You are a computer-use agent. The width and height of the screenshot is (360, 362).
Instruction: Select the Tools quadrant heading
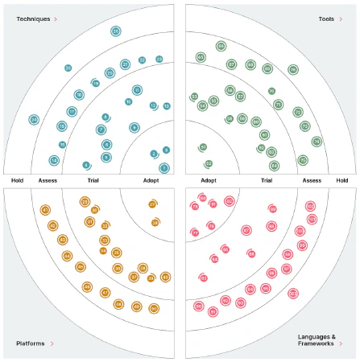click(327, 18)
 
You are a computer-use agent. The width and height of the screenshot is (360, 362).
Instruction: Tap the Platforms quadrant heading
click(31, 343)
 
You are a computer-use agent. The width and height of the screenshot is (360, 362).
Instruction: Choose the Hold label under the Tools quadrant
click(342, 180)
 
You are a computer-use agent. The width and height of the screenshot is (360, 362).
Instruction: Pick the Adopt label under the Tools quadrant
click(209, 180)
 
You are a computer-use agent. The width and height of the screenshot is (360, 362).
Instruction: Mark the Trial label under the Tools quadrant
click(266, 180)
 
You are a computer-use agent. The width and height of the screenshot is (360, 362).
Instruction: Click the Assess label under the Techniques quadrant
click(48, 180)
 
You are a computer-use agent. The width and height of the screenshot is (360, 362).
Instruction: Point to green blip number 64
click(275, 166)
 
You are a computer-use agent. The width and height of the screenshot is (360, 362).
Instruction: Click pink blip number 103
click(310, 207)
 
